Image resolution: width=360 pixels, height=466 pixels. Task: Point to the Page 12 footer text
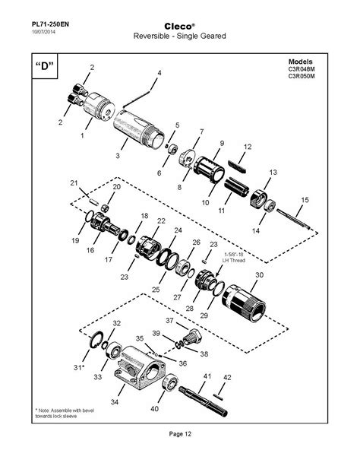(179, 434)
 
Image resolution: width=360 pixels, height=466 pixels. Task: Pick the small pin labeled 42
(220, 395)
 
